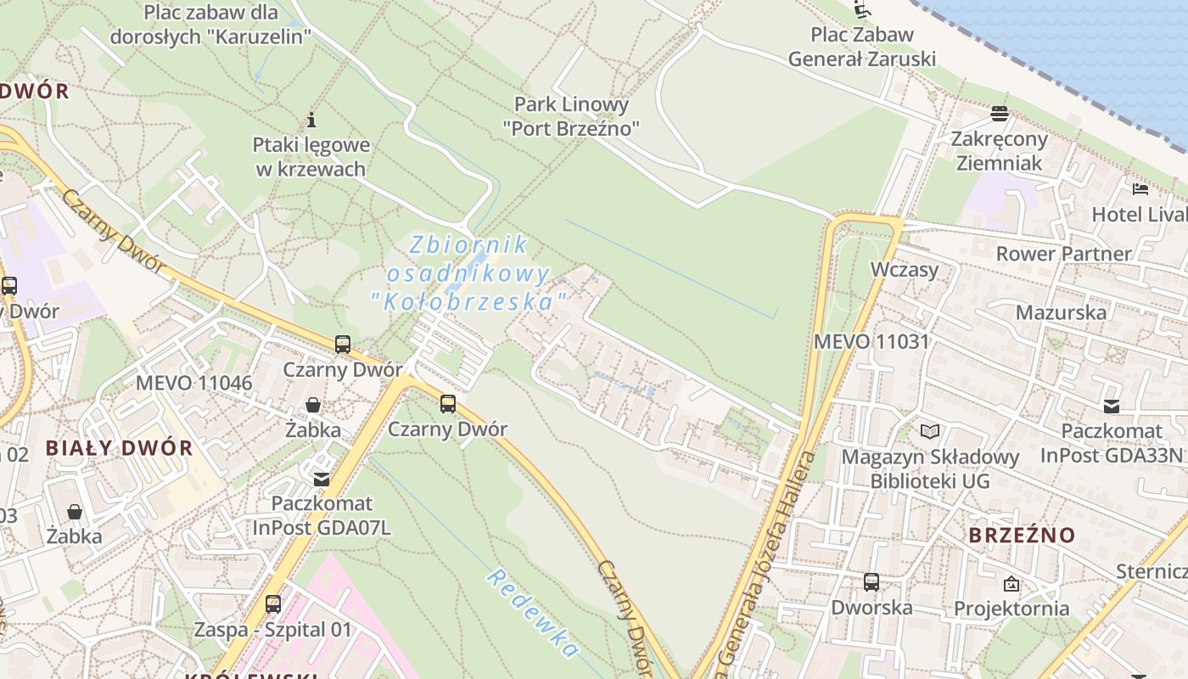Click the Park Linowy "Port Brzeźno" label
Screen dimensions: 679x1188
coord(571,116)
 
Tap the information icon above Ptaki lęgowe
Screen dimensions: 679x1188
coord(311,120)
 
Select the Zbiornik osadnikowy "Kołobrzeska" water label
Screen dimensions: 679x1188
coord(468,272)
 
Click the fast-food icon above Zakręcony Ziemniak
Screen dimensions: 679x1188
coord(999,114)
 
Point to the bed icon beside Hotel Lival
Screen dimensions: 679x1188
coord(1140,188)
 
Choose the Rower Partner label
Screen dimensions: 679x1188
coord(1063,254)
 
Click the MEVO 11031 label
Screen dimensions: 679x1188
coord(871,341)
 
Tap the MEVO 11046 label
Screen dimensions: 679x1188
coord(193,383)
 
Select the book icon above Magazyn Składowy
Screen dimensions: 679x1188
coord(930,431)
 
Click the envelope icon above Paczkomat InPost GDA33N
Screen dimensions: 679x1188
coord(1111,407)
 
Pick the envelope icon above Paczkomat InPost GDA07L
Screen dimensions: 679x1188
coord(321,480)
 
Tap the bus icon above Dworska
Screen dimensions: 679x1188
coord(871,582)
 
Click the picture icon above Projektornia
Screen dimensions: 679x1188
coord(1011,584)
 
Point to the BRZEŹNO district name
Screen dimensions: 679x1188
coord(1022,536)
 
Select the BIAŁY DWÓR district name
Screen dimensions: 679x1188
coord(119,448)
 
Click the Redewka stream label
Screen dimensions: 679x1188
coord(533,613)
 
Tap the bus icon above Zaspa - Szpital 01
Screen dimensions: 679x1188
coord(272,604)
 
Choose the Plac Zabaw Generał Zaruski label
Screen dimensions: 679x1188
coord(862,47)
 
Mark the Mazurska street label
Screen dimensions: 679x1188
coord(1061,312)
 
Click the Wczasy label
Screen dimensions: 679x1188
coord(905,270)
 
